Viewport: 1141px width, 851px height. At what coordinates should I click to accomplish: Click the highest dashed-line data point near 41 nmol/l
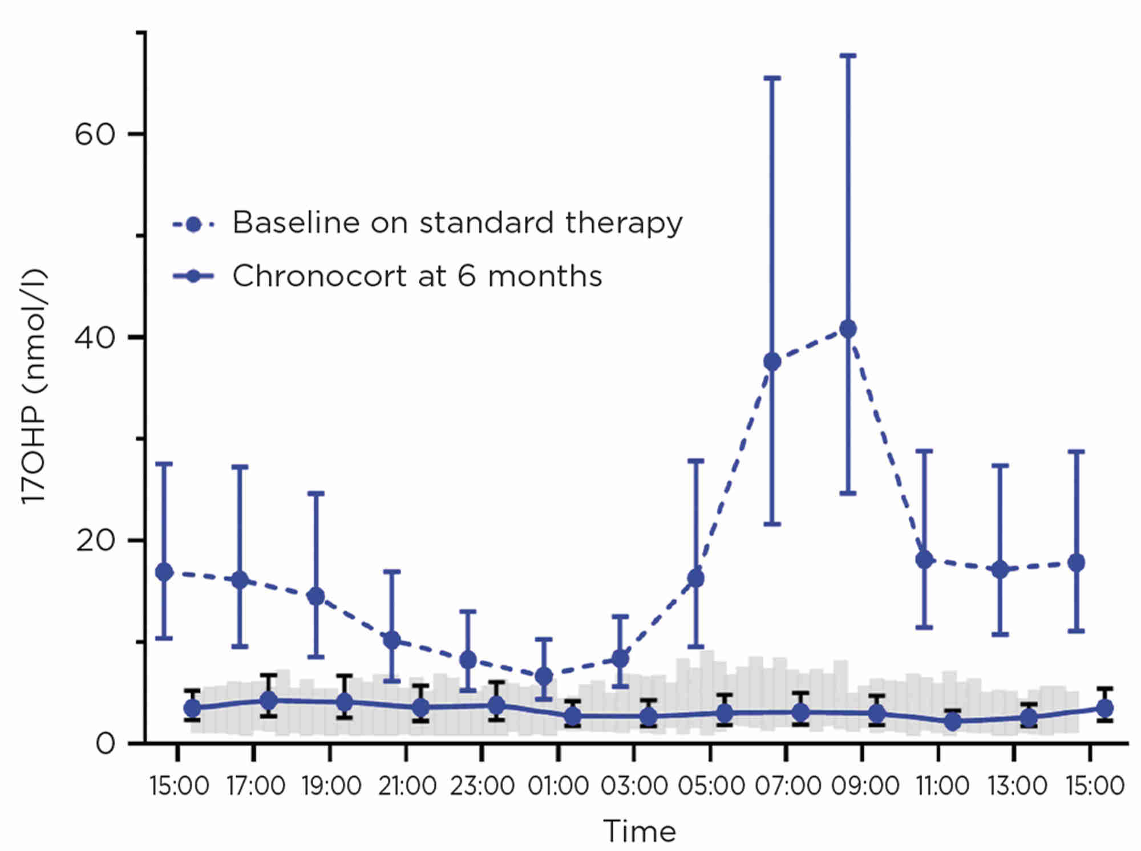(x=848, y=329)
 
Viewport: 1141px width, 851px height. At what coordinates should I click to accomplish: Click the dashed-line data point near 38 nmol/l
(x=772, y=361)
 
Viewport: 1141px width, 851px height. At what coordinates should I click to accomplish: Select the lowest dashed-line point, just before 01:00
(x=544, y=676)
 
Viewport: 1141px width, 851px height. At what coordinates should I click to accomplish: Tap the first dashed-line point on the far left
(x=164, y=572)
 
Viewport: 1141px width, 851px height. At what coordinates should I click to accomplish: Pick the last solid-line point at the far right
(x=1104, y=709)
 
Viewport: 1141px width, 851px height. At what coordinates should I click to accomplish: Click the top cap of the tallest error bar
(x=848, y=56)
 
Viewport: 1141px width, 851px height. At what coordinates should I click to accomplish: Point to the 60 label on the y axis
(x=95, y=135)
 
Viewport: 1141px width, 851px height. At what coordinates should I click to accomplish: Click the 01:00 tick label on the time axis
(x=558, y=786)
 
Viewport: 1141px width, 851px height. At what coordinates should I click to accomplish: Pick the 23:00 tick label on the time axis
(x=482, y=786)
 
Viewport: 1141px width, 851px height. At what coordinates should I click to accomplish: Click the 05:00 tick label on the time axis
(x=711, y=786)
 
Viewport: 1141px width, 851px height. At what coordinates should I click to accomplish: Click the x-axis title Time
(x=640, y=831)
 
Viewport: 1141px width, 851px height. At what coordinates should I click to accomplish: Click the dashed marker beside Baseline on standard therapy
(x=193, y=224)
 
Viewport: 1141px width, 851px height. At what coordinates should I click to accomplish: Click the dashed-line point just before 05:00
(x=695, y=578)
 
